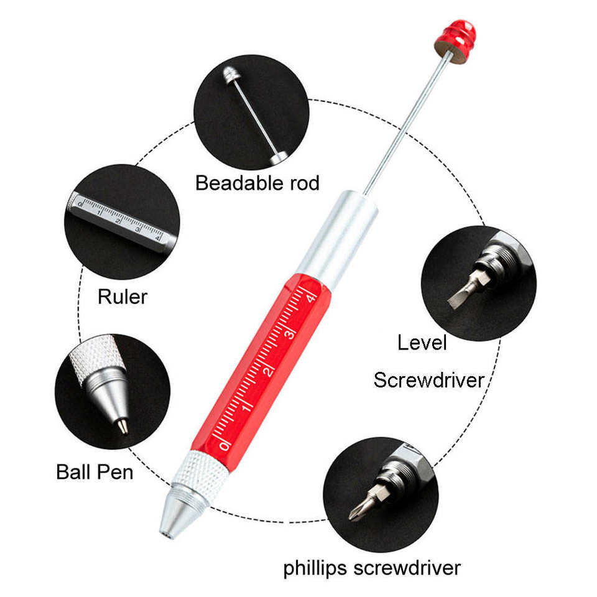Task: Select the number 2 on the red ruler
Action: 269,371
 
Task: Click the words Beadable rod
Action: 257,183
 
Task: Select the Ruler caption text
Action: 123,297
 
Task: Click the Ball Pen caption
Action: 95,471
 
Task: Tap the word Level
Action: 422,341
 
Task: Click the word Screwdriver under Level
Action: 428,379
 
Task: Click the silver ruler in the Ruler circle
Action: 118,220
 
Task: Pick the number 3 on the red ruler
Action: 289,335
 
